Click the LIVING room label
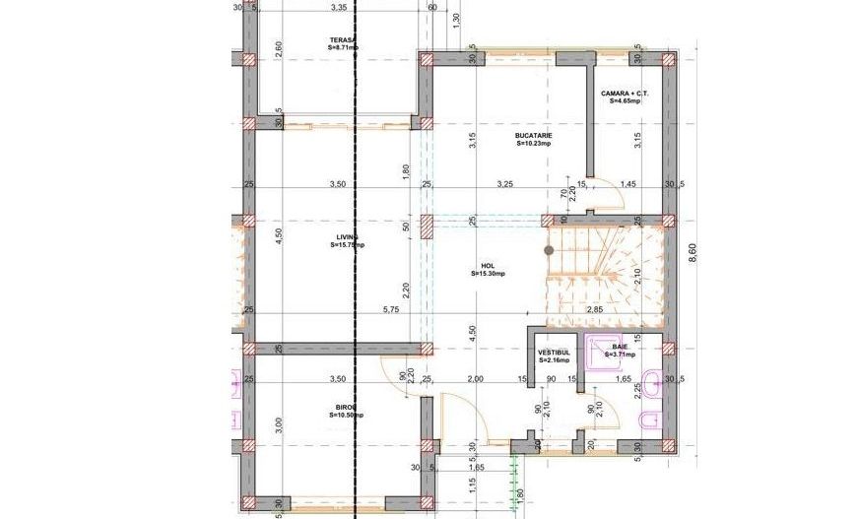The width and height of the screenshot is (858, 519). [346, 241]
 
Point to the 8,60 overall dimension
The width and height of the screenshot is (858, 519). [693, 253]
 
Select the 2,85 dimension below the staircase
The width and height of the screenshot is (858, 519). [595, 309]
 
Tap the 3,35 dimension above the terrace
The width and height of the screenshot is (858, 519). [339, 8]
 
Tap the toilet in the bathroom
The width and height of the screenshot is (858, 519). [647, 422]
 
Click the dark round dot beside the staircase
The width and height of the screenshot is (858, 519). [549, 250]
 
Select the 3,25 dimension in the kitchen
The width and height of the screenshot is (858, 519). [505, 184]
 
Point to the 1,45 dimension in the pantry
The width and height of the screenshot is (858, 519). [628, 184]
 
